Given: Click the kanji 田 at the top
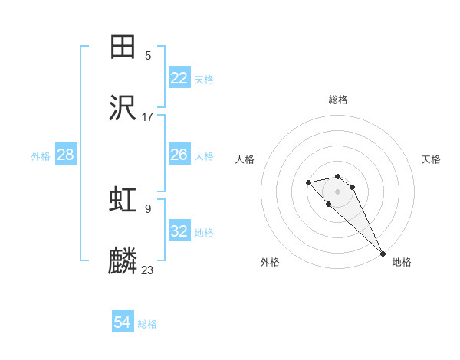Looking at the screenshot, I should pyautogui.click(x=123, y=46).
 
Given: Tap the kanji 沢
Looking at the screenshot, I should pyautogui.click(x=123, y=108).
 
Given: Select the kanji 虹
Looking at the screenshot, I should pyautogui.click(x=123, y=199).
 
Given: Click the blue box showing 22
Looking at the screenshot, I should pyautogui.click(x=179, y=78).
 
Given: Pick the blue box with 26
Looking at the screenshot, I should pyautogui.click(x=179, y=155).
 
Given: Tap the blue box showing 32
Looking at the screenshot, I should pyautogui.click(x=179, y=232).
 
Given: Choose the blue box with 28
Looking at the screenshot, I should pyautogui.click(x=65, y=155).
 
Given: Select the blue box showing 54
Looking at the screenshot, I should pyautogui.click(x=123, y=322).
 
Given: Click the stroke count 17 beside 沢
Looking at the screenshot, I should pyautogui.click(x=148, y=117).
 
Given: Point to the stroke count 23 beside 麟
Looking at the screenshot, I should pyautogui.click(x=148, y=270).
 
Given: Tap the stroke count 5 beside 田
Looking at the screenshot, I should pyautogui.click(x=148, y=55).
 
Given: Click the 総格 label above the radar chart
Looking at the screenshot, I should pyautogui.click(x=338, y=100).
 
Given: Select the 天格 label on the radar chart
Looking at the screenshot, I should pyautogui.click(x=431, y=159).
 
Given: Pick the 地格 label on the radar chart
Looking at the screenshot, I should pyautogui.click(x=401, y=262).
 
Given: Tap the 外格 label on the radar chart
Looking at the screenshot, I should pyautogui.click(x=270, y=262).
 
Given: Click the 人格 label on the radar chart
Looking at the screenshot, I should pyautogui.click(x=245, y=159).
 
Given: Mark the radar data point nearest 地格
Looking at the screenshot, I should pyautogui.click(x=383, y=254).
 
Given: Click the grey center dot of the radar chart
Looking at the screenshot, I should pyautogui.click(x=337, y=191).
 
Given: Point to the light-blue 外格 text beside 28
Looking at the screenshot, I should pyautogui.click(x=41, y=155).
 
